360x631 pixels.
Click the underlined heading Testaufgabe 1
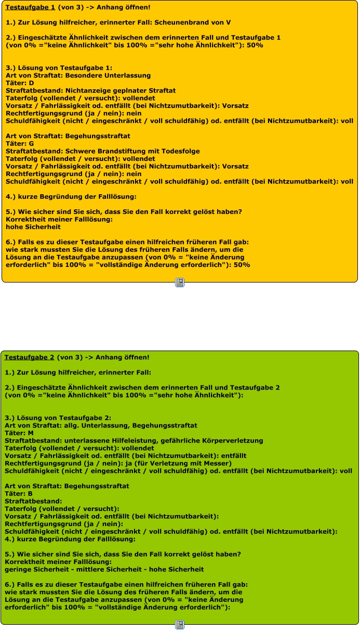30,7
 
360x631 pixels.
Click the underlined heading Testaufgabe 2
29,357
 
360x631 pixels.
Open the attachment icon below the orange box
180,283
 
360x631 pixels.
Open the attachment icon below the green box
180,625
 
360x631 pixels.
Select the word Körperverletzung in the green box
231,440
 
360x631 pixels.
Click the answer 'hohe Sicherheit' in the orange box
33,226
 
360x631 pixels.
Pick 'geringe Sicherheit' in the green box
34,569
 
